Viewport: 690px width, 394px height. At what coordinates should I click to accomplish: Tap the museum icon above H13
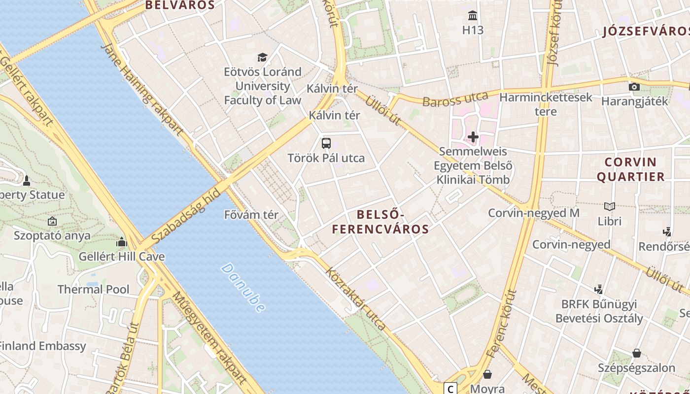click(473, 15)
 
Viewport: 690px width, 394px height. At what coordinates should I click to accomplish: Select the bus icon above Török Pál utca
click(326, 143)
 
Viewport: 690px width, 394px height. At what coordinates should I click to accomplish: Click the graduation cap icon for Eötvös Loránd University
click(262, 58)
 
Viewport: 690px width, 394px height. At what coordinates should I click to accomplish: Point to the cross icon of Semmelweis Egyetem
click(473, 136)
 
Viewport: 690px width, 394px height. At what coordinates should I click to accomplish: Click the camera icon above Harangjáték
click(634, 87)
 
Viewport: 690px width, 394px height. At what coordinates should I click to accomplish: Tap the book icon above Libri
click(610, 206)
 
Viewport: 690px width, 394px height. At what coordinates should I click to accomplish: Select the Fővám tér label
click(251, 215)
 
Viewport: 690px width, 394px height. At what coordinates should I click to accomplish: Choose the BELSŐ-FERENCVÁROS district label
click(380, 222)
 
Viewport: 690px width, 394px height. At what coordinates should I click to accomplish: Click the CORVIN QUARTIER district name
click(630, 169)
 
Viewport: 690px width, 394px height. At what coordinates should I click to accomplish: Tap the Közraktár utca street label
click(355, 299)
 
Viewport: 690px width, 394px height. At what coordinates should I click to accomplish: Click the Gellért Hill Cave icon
click(121, 242)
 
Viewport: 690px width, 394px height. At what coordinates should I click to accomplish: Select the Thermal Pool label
click(94, 289)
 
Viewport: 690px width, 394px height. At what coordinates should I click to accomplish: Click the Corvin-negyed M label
click(533, 213)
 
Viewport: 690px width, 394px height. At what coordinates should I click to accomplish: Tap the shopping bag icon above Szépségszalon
click(636, 353)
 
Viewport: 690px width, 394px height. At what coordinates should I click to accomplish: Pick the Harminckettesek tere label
click(546, 104)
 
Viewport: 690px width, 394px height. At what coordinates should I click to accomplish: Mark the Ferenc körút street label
click(501, 324)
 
